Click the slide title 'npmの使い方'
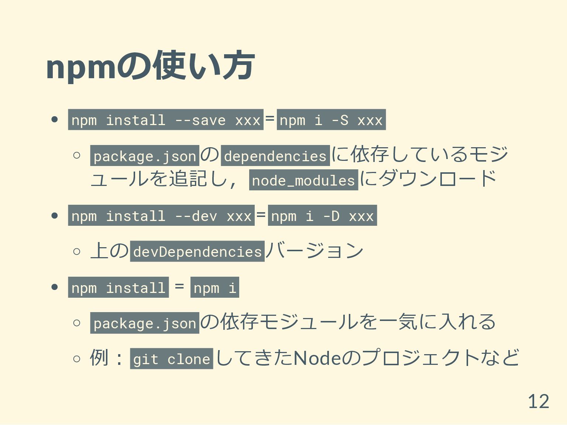pos(150,66)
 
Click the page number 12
pos(538,401)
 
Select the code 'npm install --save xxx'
pos(166,120)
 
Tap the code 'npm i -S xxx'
pos(331,120)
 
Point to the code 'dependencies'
pos(275,156)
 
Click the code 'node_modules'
pos(303,180)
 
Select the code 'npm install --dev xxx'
pos(161,215)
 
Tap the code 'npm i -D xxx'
pos(322,215)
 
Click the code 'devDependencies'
pos(197,251)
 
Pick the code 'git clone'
pos(171,359)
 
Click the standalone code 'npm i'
pos(214,287)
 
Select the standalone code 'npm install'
pos(118,287)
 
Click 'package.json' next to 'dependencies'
pos(145,156)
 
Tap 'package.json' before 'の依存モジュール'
pos(145,323)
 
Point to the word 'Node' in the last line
pos(316,358)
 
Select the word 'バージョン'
pos(315,251)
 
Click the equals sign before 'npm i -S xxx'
pos(270,118)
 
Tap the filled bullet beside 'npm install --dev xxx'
pos(55,216)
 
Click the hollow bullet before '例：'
pos(77,358)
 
